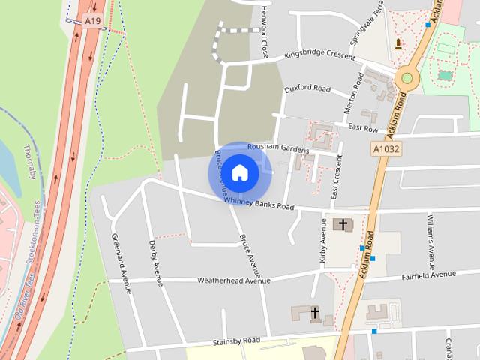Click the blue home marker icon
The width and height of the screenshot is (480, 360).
239,173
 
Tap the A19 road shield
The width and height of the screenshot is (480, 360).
91,22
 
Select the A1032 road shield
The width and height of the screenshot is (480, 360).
385,150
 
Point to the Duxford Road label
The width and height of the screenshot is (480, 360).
307,88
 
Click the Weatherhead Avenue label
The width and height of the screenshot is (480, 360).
233,280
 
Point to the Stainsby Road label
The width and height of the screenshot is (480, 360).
235,340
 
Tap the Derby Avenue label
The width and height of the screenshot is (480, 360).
156,262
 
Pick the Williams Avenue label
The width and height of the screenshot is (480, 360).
430,240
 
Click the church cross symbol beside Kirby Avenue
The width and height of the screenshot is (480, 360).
343,224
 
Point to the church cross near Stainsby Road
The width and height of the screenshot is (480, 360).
315,312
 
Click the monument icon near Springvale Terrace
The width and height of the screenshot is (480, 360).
397,43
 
